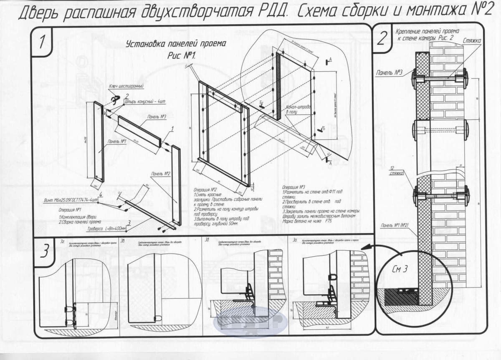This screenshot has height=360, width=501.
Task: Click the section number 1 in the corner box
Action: click(x=42, y=42)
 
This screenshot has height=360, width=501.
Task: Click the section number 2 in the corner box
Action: click(x=382, y=38)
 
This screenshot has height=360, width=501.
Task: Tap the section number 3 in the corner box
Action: click(x=45, y=252)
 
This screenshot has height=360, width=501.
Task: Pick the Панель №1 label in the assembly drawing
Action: click(x=116, y=142)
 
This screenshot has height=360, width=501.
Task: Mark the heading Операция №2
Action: click(x=205, y=189)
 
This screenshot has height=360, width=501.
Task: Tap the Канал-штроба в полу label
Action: click(x=298, y=109)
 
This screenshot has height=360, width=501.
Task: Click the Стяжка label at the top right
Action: click(x=472, y=40)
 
